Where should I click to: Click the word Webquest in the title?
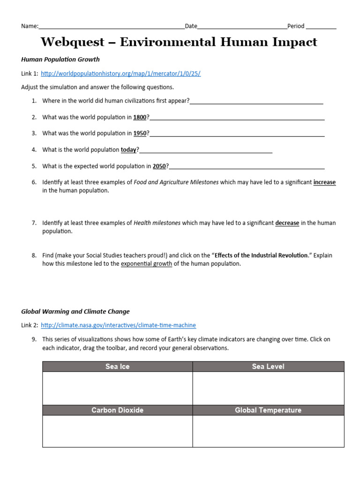coord(73,42)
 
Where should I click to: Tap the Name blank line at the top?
coord(112,27)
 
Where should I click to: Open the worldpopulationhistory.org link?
coord(120,74)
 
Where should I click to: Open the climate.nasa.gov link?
coord(118,325)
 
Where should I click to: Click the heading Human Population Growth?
coord(60,60)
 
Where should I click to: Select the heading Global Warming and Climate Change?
coord(75,311)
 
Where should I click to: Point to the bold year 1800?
coord(140,117)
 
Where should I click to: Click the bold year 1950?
coord(140,133)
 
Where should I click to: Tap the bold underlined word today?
coord(128,150)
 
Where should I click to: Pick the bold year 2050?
coord(159,166)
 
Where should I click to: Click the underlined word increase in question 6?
coord(324,182)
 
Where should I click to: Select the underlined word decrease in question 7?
coord(287,223)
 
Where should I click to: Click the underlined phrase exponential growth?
coord(146,264)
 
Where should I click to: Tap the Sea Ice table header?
coord(117,367)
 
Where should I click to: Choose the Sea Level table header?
coord(268,367)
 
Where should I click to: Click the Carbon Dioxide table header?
coord(117,410)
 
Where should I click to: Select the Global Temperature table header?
coord(268,410)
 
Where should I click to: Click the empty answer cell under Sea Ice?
coord(117,388)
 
